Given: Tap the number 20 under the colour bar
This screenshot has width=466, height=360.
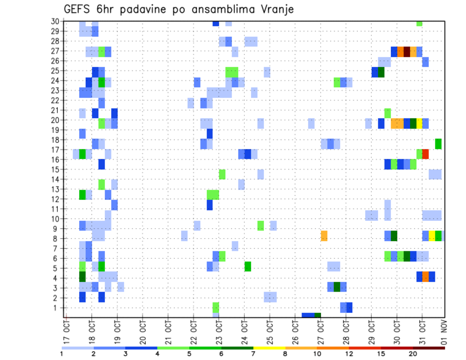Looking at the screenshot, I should click(413, 354).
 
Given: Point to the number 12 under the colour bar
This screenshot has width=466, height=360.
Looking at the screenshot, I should click(349, 354).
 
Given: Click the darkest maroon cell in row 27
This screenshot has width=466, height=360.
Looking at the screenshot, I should click(407, 51).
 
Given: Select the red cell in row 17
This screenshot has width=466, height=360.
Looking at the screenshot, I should click(425, 154).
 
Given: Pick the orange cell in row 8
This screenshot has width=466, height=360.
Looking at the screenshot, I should click(324, 236).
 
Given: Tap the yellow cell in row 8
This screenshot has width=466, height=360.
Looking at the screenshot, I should click(432, 236).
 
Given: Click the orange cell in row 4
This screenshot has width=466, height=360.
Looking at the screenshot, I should click(425, 276).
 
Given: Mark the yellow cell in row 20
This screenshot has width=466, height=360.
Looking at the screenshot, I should click(419, 123).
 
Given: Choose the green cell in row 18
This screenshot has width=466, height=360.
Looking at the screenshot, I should click(438, 144).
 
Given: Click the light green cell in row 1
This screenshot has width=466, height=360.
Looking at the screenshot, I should click(216, 307).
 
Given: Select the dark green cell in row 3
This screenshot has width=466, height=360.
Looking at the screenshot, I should click(337, 287).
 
